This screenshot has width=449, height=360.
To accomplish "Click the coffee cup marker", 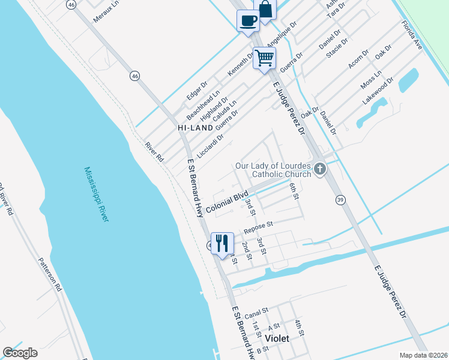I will pyautogui.click(x=248, y=21).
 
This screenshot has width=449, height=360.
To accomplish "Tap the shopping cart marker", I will pyautogui.click(x=264, y=58).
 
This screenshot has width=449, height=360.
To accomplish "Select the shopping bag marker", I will pyautogui.click(x=265, y=10).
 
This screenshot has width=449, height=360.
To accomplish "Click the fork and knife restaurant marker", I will pyautogui.click(x=222, y=243).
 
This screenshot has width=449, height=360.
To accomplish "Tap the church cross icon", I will pyautogui.click(x=320, y=169).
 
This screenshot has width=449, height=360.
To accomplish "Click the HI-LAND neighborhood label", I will pyautogui.click(x=195, y=128).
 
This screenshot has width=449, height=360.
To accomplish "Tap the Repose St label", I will pyautogui.click(x=258, y=226).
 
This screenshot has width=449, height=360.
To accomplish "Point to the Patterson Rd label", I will pyautogui.click(x=50, y=275).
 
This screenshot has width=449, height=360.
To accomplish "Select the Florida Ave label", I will pyautogui.click(x=412, y=36).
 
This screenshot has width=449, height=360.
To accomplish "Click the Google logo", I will pyautogui.click(x=20, y=353).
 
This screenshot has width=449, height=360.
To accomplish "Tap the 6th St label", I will pyautogui.click(x=294, y=191).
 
